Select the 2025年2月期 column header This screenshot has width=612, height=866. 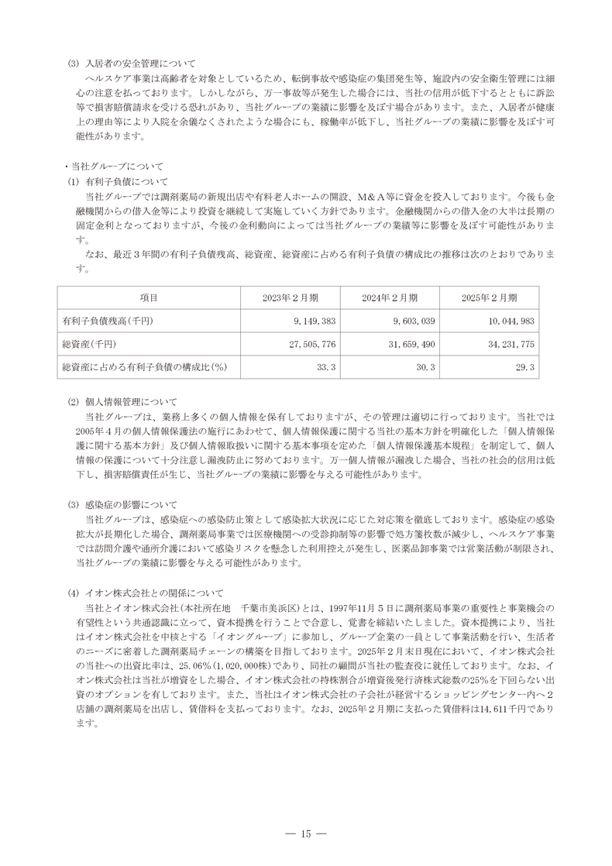[490, 298]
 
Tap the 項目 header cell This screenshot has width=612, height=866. [149, 298]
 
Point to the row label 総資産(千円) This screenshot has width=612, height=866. [91, 343]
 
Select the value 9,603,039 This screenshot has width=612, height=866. [414, 321]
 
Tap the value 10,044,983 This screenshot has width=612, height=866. [511, 321]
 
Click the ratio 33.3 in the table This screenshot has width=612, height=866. [326, 366]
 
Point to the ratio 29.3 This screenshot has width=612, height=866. [525, 366]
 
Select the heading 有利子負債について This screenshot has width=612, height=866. [126, 182]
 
